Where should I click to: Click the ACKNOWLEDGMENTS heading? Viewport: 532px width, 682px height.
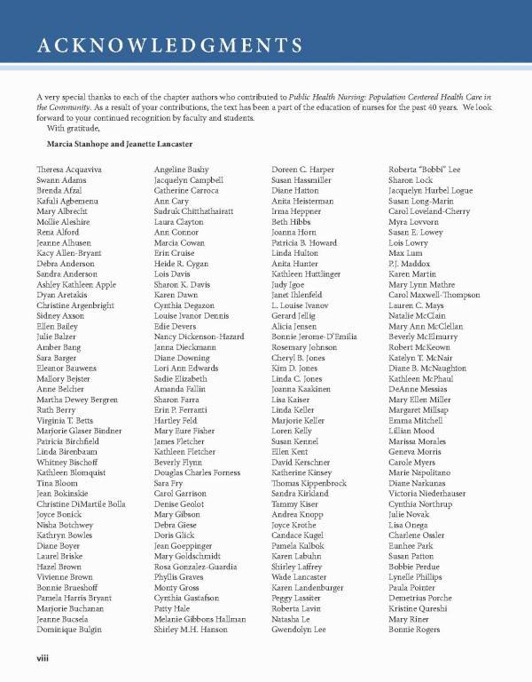[x=169, y=46]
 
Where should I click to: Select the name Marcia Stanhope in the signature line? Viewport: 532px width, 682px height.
[x=84, y=143]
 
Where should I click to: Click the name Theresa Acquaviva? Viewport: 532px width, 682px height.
[x=69, y=169]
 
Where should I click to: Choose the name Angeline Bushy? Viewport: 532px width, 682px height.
[x=181, y=169]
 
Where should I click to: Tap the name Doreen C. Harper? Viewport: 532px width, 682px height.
[x=303, y=169]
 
